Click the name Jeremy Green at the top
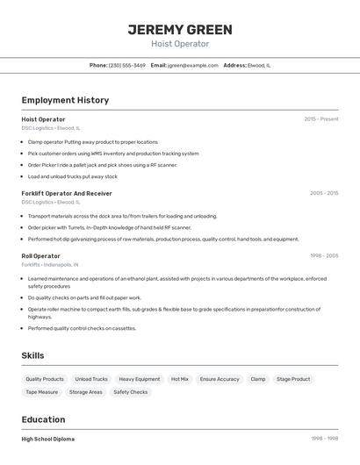pyautogui.click(x=180, y=29)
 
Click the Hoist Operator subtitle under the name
pyautogui.click(x=180, y=43)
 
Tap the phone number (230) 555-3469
pyautogui.click(x=127, y=65)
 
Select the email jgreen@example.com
pyautogui.click(x=193, y=65)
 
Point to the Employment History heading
pyautogui.click(x=65, y=100)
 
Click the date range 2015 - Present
pyautogui.click(x=320, y=118)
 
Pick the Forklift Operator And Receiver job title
pyautogui.click(x=67, y=193)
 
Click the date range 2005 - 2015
pyautogui.click(x=323, y=193)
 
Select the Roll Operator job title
pyautogui.click(x=41, y=256)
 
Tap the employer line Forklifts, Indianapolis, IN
pyautogui.click(x=50, y=264)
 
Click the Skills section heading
pyautogui.click(x=33, y=355)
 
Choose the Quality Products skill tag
pyautogui.click(x=45, y=379)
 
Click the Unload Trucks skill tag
pyautogui.click(x=91, y=379)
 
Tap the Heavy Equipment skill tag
pyautogui.click(x=140, y=379)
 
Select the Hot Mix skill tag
pyautogui.click(x=180, y=379)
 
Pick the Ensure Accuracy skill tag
pyautogui.click(x=220, y=379)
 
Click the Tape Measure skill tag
pyautogui.click(x=42, y=392)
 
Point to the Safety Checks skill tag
pyautogui.click(x=131, y=392)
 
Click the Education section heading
pyautogui.click(x=44, y=419)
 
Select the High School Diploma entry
pyautogui.click(x=48, y=439)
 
